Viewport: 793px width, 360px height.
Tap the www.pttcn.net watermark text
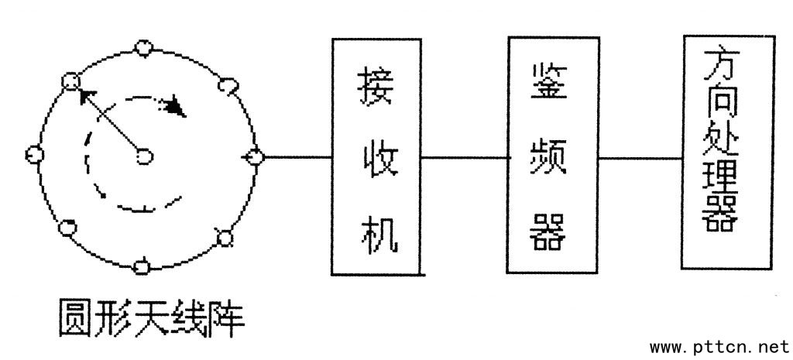(720, 345)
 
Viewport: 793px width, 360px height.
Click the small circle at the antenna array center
(143, 157)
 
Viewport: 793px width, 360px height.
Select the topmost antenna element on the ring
(142, 48)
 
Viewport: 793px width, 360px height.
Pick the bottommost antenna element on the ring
(141, 266)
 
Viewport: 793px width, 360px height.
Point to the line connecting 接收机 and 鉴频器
(464, 158)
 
